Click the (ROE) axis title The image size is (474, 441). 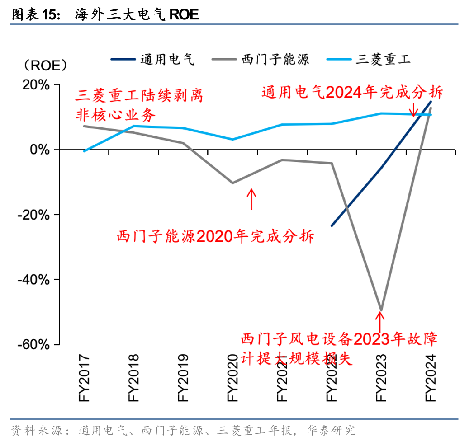[x=45, y=66]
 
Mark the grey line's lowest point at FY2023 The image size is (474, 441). [x=381, y=310]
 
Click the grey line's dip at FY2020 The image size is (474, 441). [x=232, y=183]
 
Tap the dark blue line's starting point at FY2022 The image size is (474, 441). [x=332, y=225]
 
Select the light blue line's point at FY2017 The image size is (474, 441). [x=84, y=151]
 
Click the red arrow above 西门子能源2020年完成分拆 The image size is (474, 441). [x=252, y=199]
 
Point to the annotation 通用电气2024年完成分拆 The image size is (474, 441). [x=352, y=93]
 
